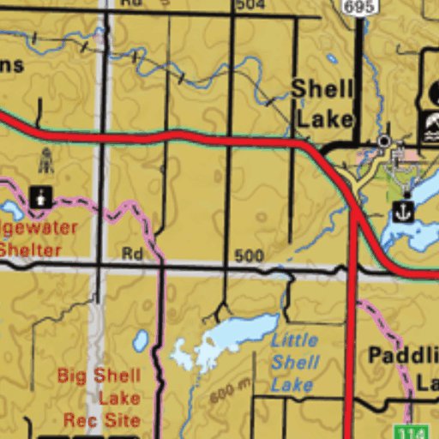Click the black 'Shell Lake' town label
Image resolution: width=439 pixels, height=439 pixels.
[322, 102]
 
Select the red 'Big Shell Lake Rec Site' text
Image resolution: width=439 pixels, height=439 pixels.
[99, 398]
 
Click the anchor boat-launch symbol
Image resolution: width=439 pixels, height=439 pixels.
[404, 209]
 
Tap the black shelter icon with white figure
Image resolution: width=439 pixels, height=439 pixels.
[39, 196]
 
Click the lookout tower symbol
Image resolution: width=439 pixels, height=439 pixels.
[45, 159]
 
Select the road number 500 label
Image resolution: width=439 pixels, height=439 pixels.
[248, 256]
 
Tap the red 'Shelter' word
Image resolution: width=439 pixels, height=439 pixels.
[31, 250]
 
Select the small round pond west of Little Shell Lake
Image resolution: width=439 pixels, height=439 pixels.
[141, 341]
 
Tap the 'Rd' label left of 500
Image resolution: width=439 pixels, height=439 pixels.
[131, 254]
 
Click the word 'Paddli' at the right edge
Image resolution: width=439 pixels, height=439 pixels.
[403, 355]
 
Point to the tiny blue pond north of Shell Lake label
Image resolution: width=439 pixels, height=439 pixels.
[332, 60]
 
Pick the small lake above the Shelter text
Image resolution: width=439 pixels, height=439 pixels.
[11, 209]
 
